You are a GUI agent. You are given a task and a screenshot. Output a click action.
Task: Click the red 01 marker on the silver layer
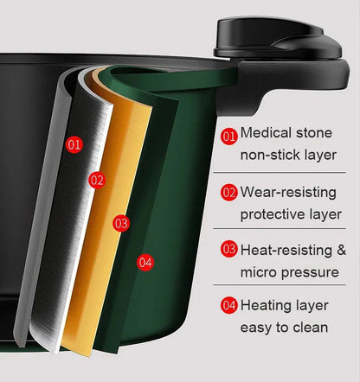point(74,144)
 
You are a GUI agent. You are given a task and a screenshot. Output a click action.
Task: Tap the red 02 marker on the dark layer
point(97,180)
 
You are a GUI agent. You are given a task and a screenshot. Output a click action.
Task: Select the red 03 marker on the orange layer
point(121,224)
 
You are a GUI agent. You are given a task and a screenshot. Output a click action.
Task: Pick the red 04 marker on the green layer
point(145,262)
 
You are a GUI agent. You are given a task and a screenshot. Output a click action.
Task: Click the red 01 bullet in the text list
point(228,136)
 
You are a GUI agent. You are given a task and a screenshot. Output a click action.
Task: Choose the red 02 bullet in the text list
point(228,192)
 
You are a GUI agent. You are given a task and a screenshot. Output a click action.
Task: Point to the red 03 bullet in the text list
point(228,250)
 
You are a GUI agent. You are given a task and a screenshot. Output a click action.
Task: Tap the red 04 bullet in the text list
point(228,305)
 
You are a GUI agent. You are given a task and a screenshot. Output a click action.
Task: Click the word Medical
point(267,134)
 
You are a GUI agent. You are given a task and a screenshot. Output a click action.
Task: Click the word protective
point(273,213)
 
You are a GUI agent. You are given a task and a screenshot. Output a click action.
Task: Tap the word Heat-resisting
point(286,250)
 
